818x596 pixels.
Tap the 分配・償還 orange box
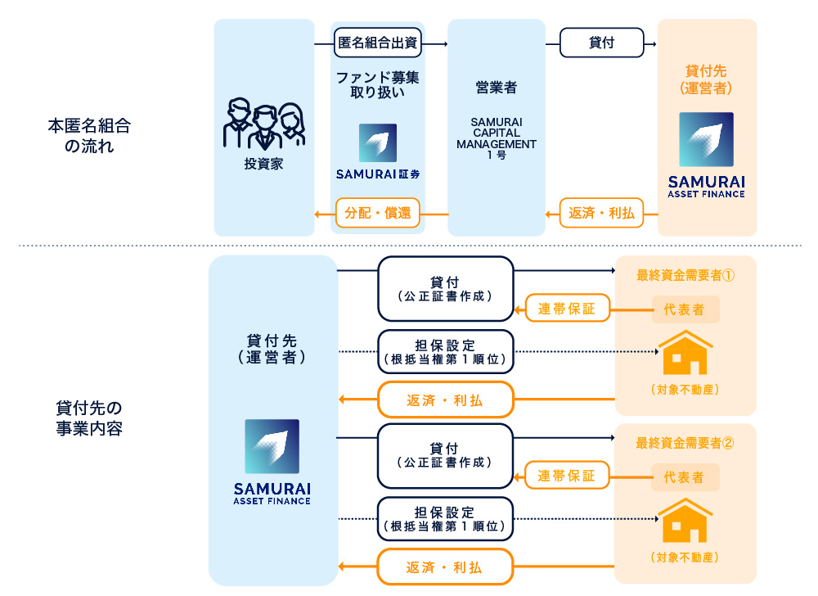pos(378,213)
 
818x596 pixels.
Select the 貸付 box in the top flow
pos(601,43)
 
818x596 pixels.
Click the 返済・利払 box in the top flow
pos(601,214)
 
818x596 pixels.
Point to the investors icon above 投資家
pos(263,124)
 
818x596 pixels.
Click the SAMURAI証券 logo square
pos(378,143)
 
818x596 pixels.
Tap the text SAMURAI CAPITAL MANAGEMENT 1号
pos(497,138)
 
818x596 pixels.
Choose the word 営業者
pos(497,87)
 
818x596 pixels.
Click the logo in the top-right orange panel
pos(706,140)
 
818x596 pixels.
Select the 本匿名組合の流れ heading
pos(89,137)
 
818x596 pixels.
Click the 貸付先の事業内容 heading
pos(89,418)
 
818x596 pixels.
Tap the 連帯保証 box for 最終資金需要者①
pos(567,309)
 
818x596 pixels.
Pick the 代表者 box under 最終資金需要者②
pos(685,477)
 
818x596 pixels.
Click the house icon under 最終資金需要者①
pos(685,354)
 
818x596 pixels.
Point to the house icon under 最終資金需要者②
pos(685,521)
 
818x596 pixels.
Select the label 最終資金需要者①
pos(685,276)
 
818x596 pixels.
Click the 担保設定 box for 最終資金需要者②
pos(445,518)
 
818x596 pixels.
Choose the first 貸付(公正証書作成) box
pos(445,288)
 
